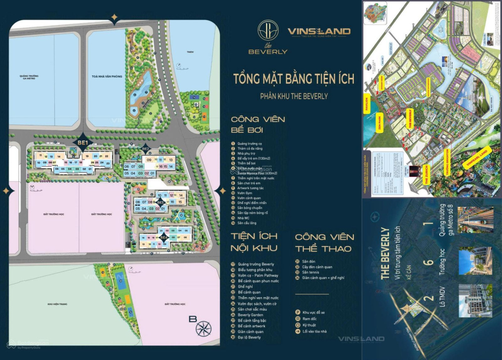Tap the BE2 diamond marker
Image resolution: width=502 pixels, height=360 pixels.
pos(146,149)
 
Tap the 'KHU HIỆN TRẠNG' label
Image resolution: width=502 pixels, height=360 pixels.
pos(57,304)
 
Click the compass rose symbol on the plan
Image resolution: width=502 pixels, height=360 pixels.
pos(203,329)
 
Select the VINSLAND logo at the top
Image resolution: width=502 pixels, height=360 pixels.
pos(319,32)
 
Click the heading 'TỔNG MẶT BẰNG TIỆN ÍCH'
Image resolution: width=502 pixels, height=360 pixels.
pos(294,79)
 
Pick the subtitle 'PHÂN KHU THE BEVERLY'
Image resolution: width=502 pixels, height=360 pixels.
pos(294,96)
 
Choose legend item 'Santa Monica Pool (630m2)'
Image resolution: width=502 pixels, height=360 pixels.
pos(257,173)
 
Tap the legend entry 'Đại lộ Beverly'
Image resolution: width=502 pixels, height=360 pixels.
pos(249,337)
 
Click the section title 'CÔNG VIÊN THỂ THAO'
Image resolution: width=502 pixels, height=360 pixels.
pos(324,243)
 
